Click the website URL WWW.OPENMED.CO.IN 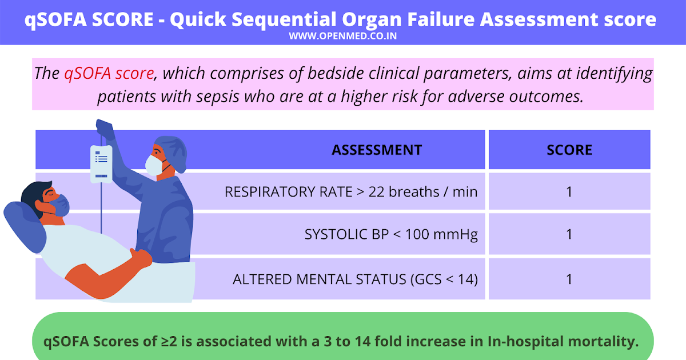click(x=343, y=36)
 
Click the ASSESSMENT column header click(x=377, y=150)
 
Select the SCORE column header click(x=569, y=150)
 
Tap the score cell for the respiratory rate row click(x=569, y=192)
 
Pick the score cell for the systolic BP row click(x=569, y=234)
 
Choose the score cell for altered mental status click(x=569, y=279)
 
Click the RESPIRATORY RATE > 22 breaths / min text click(x=351, y=192)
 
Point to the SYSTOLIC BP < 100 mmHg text click(x=391, y=234)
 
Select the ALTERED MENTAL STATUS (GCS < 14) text click(x=355, y=279)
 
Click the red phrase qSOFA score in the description click(x=109, y=74)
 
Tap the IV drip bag click(x=101, y=162)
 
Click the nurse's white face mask click(x=154, y=165)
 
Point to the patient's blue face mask click(x=60, y=203)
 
